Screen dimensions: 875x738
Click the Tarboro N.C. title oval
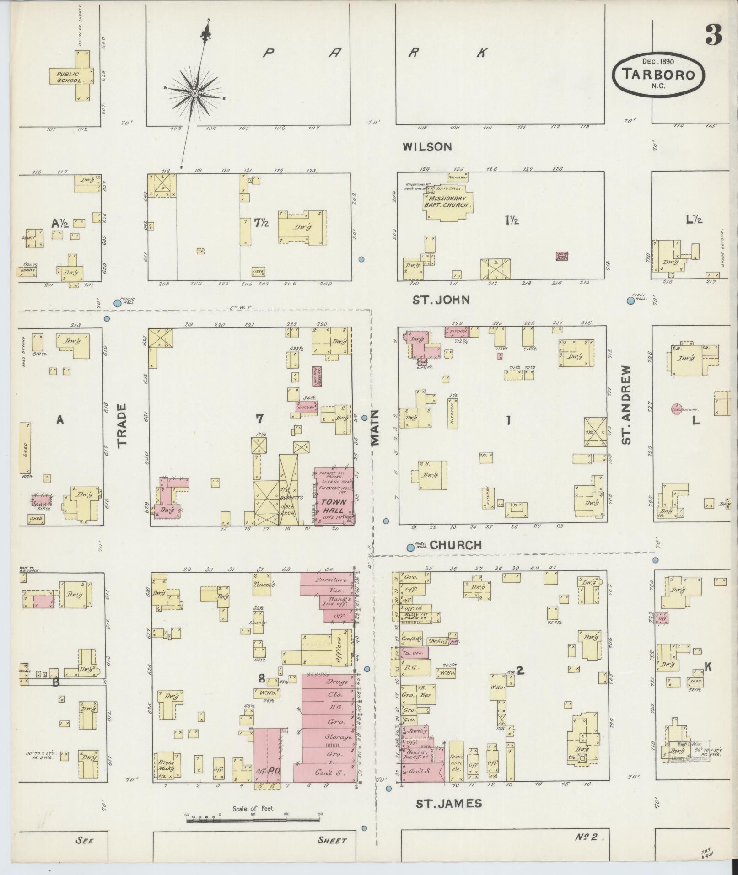658,74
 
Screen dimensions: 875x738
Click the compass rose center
194,93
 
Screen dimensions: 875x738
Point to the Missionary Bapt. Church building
447,202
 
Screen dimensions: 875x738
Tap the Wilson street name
427,147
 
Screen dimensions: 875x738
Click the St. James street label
448,803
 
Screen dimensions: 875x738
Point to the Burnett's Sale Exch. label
289,505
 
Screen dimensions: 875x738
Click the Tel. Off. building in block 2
414,652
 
